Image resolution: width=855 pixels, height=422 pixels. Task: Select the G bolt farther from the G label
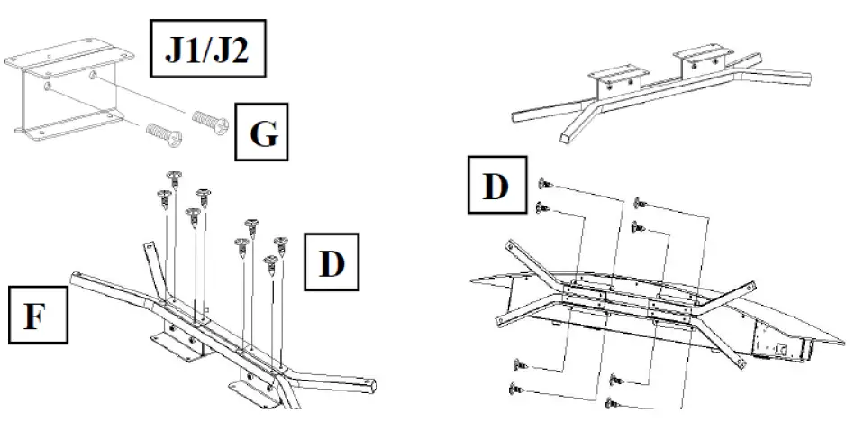pyautogui.click(x=164, y=135)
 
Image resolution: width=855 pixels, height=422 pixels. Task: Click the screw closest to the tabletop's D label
pyautogui.click(x=543, y=184)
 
